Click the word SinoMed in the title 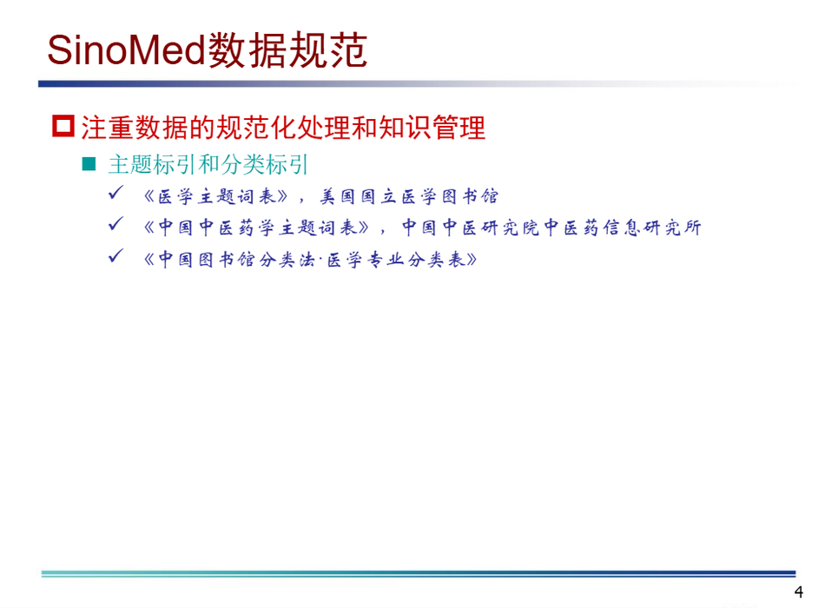coord(126,50)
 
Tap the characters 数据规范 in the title coord(287,50)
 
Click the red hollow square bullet coord(63,126)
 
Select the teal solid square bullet coord(89,164)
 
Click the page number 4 coord(799,592)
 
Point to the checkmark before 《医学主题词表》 coord(115,193)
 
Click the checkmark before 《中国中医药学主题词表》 coord(115,224)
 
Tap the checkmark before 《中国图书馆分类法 coord(115,256)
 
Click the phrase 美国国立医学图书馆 coord(409,196)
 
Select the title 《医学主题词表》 coord(216,196)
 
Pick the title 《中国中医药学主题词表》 coord(257,228)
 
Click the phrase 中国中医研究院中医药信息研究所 coord(552,228)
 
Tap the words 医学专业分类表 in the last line coord(396,260)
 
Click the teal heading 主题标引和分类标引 coord(208,164)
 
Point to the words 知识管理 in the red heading coord(432,128)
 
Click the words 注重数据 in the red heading coord(135,128)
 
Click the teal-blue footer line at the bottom coord(419,574)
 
